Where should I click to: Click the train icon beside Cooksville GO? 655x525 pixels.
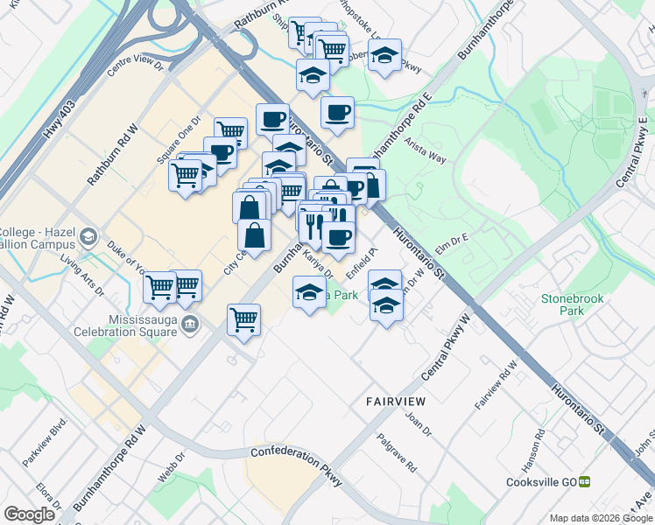[x=585, y=482]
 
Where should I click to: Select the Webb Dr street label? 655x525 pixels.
[x=172, y=466]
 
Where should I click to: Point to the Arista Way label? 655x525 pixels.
[x=427, y=156]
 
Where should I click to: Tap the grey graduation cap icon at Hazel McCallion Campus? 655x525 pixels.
[x=88, y=237]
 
